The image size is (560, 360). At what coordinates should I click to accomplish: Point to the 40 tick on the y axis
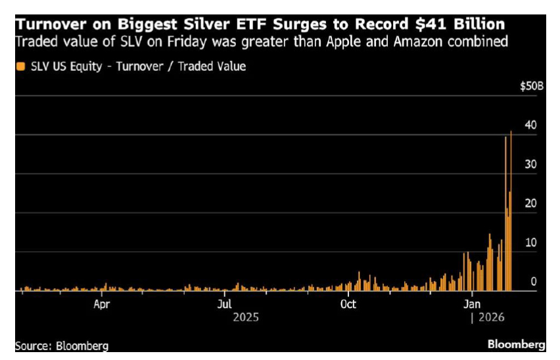pyautogui.click(x=530, y=125)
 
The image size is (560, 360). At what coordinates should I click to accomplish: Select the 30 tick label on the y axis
pyautogui.click(x=530, y=164)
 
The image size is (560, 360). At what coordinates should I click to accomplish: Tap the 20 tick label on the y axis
pyautogui.click(x=530, y=204)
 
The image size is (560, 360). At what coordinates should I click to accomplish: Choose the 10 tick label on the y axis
pyautogui.click(x=530, y=242)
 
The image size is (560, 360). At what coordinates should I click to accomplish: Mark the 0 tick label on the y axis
pyautogui.click(x=533, y=281)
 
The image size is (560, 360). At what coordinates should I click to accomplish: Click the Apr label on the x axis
pyautogui.click(x=101, y=304)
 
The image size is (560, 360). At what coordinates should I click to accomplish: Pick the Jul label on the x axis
pyautogui.click(x=225, y=304)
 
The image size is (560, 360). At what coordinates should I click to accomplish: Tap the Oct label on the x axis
pyautogui.click(x=348, y=304)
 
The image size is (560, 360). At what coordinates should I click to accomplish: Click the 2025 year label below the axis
pyautogui.click(x=246, y=317)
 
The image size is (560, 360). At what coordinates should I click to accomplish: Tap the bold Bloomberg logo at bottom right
pyautogui.click(x=517, y=344)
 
